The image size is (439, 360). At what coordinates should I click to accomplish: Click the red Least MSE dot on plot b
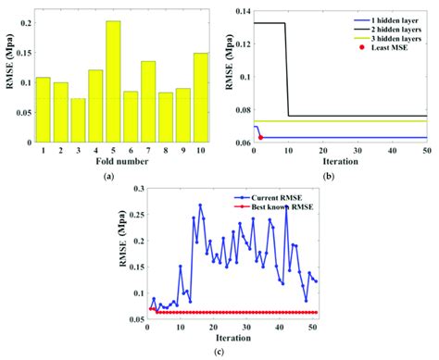point(260,137)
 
